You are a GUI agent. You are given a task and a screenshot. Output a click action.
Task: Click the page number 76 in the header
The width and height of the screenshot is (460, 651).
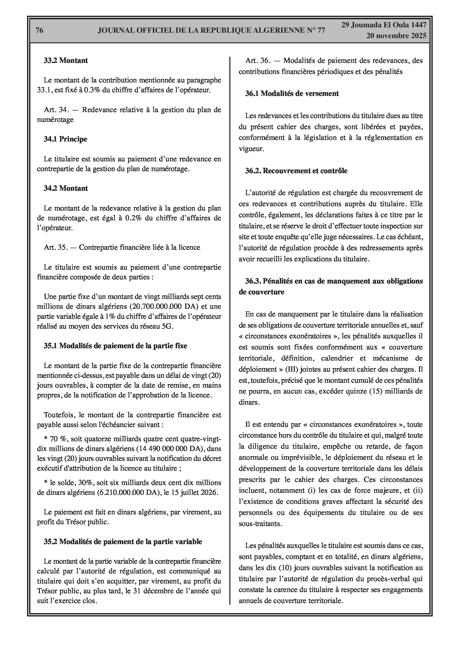click(x=39, y=30)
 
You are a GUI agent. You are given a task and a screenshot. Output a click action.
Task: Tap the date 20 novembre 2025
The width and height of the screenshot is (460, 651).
click(x=396, y=36)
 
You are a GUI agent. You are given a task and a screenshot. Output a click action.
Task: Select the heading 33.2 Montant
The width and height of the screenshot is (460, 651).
click(x=65, y=60)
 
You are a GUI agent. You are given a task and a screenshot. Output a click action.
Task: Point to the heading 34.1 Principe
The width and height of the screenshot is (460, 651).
click(x=65, y=139)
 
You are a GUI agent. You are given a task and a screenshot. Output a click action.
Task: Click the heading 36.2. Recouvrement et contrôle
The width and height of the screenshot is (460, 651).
click(x=296, y=171)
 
